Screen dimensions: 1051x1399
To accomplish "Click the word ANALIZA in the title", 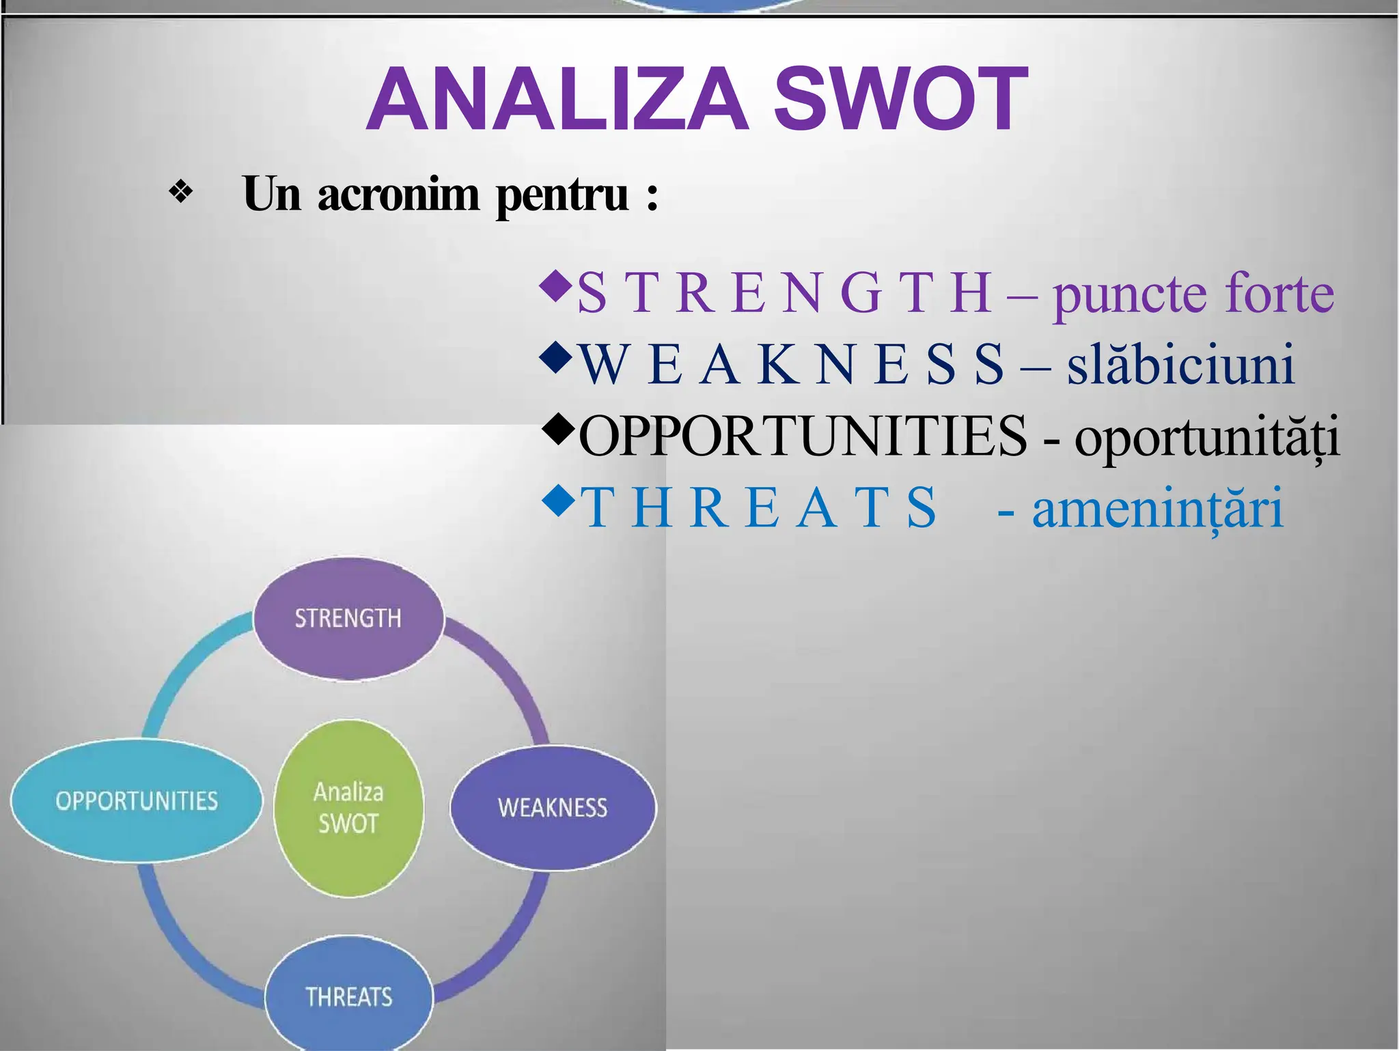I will point(557,100).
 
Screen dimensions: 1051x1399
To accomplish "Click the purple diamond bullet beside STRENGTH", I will point(554,287).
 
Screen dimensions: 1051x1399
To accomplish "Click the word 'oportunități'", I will point(1206,437).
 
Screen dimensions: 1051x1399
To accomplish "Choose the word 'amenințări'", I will point(1157,509).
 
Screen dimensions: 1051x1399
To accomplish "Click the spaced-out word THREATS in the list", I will point(758,509).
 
